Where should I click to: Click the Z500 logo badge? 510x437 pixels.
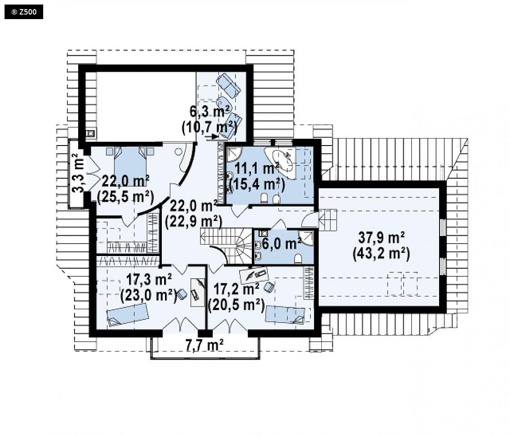24,12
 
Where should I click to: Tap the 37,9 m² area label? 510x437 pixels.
381,237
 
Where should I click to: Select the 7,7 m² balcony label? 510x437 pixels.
204,345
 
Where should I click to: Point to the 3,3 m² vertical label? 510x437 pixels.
78,173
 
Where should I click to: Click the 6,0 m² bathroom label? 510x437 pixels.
282,243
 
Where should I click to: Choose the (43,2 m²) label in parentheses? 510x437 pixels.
381,253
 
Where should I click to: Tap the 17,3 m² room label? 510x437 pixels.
149,280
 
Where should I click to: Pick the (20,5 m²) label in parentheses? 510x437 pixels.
236,305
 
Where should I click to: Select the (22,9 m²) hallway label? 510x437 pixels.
194,221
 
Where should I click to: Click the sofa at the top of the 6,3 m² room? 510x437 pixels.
228,85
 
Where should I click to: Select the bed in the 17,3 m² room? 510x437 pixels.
127,315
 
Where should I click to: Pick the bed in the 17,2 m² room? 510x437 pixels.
285,315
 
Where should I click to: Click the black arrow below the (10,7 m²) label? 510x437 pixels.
212,137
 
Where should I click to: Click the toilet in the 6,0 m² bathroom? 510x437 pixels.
298,259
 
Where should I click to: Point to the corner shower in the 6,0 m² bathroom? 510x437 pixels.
307,237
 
